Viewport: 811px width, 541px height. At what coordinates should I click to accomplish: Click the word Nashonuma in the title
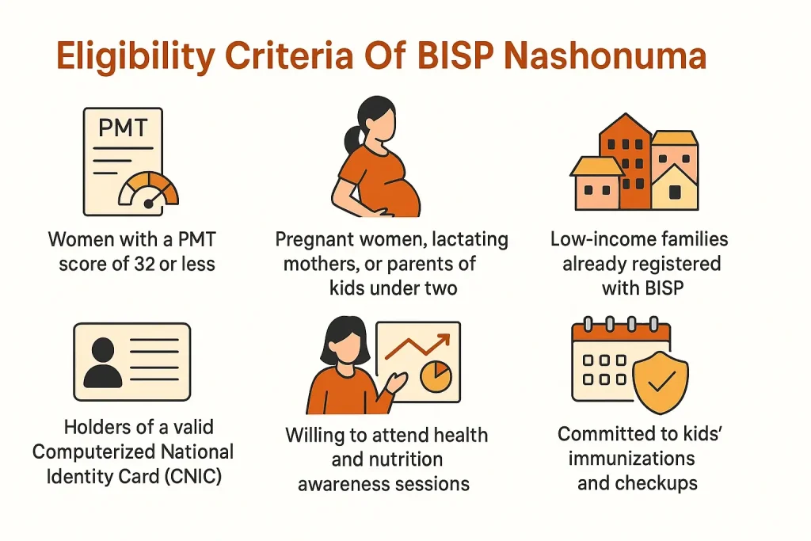pos(609,59)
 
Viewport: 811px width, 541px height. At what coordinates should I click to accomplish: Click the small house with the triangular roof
pos(674,186)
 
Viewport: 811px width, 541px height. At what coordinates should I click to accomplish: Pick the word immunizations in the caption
pos(626,459)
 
